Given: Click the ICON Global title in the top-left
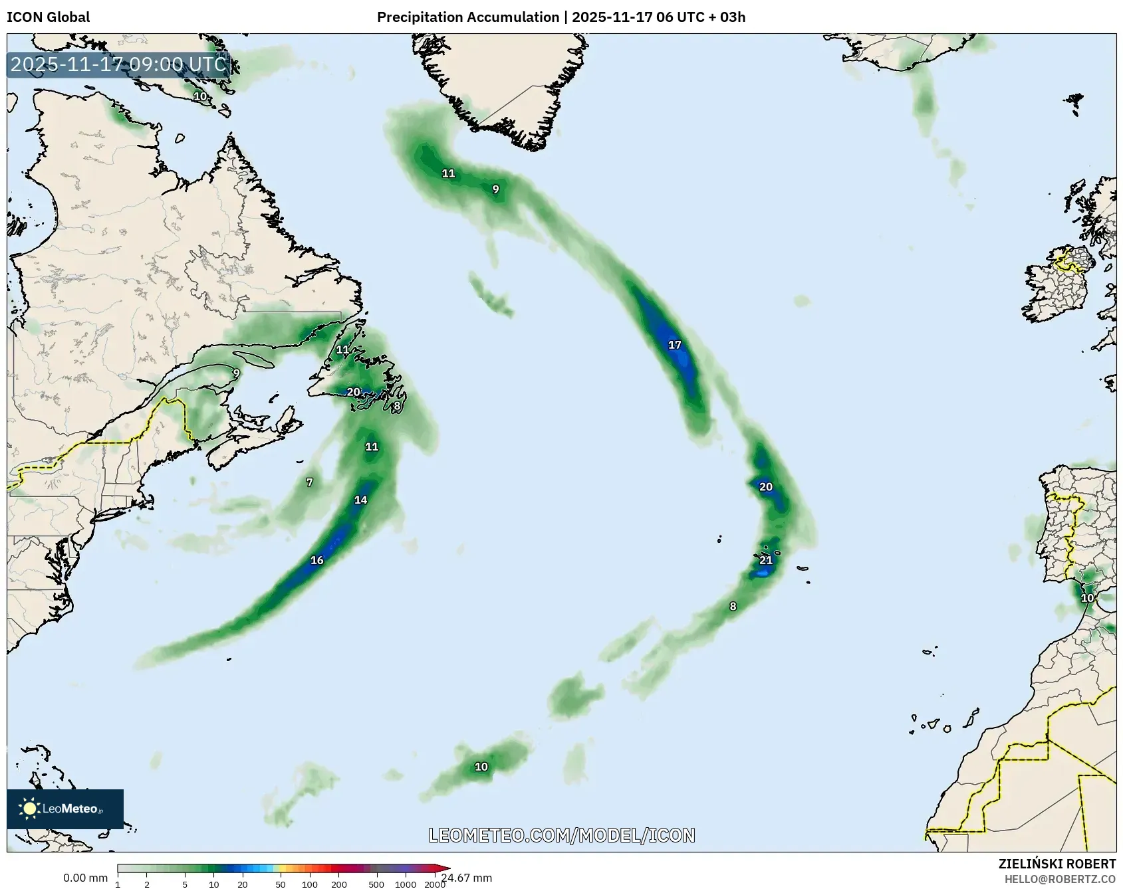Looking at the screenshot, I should pos(48,17).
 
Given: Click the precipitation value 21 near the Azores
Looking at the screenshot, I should pos(766,560).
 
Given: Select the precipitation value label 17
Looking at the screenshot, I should pos(674,345).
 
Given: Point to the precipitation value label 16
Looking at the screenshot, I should pos(317,560).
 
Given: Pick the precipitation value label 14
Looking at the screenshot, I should pos(360,500).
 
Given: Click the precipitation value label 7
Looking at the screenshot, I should pos(309,482).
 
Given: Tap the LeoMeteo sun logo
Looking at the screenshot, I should pos(29,808).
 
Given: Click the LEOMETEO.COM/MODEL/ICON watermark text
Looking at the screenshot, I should pos(562,835).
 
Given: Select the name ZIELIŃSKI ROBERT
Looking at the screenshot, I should pos(1057,864).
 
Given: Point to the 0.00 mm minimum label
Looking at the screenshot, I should pos(85,878).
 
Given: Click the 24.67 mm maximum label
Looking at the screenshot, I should pos(466,878).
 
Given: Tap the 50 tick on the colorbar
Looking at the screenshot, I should pos(281,884).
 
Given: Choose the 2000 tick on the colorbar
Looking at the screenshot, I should pos(435,884).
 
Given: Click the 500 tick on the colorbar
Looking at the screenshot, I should pos(377,884).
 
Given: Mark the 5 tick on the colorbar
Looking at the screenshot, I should pos(185,884).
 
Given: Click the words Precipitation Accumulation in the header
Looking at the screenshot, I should pos(468,17).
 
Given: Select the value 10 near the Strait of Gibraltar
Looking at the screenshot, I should pos(1087,598).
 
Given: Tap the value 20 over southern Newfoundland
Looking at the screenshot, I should pos(354,392).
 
